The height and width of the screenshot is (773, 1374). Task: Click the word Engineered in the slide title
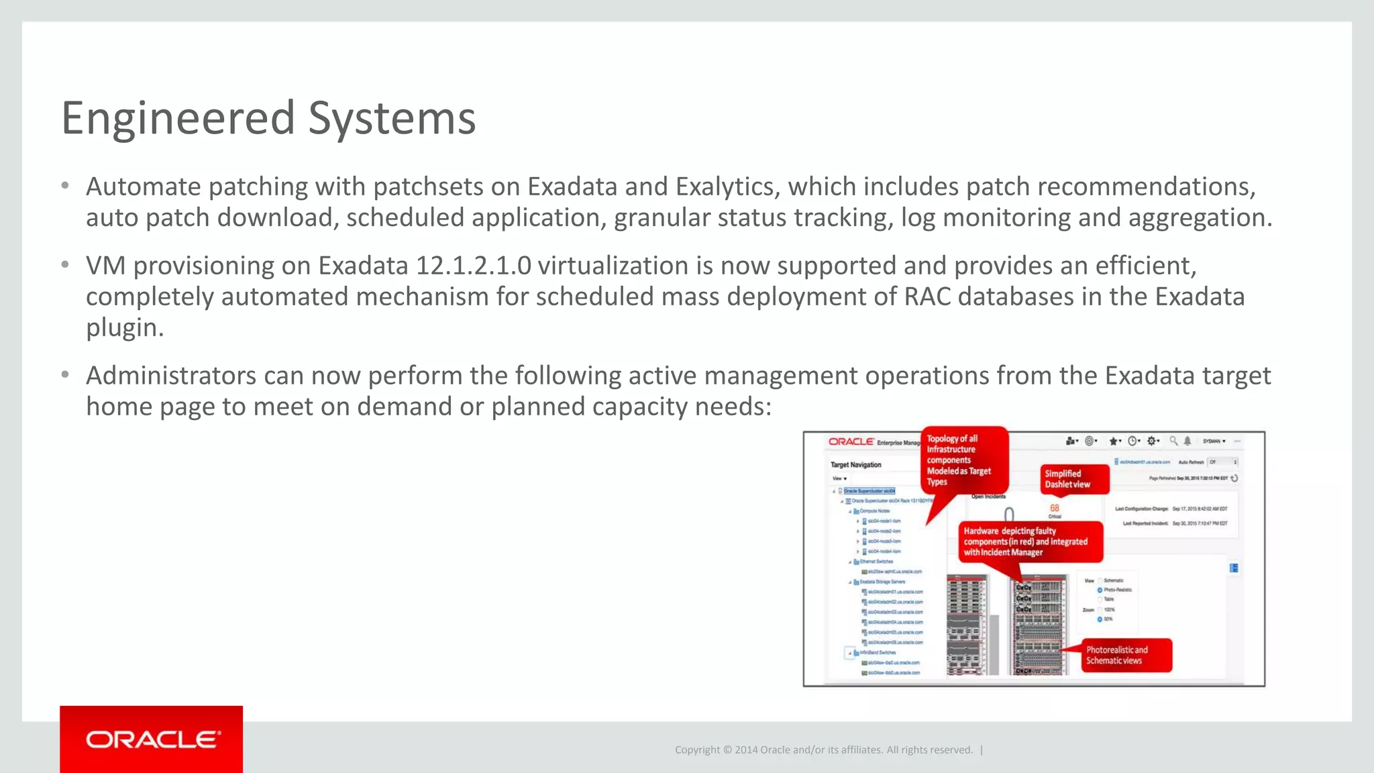pos(178,118)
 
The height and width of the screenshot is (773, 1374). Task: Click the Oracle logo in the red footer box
pos(152,739)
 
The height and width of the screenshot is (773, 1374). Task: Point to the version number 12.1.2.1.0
pos(473,266)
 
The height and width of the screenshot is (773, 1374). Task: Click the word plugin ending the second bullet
pos(124,327)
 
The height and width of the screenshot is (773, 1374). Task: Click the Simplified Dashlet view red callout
pos(1073,479)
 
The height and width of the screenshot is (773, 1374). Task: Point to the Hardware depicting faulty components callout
pos(1029,542)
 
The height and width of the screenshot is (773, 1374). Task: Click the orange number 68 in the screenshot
pos(1055,508)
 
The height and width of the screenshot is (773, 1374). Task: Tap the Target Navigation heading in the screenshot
pos(855,464)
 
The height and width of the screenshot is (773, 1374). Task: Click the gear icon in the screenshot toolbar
pos(1152,441)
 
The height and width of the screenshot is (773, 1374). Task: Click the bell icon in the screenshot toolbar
pos(1187,441)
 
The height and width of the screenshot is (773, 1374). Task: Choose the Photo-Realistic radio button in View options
pos(1100,590)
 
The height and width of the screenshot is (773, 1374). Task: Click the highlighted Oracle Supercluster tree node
pos(869,491)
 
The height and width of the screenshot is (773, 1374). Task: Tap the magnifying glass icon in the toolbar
pos(1173,441)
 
